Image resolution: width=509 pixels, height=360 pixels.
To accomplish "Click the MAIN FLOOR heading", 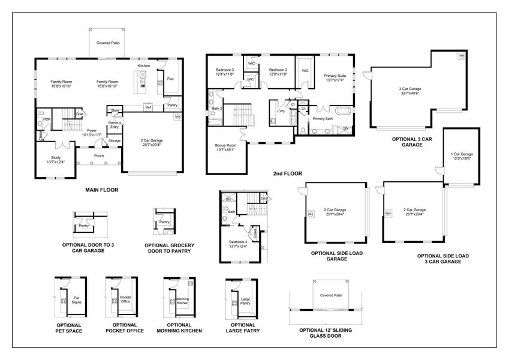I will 101,190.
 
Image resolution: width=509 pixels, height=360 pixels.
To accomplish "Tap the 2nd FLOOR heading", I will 288,173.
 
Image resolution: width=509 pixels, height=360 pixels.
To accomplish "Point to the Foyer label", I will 91,130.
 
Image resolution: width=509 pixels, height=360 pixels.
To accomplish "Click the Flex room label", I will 170,79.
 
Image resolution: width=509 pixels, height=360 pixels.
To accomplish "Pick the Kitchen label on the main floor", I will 143,65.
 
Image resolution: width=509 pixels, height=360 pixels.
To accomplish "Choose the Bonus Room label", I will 226,145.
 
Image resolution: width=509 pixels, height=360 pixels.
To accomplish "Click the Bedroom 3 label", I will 225,70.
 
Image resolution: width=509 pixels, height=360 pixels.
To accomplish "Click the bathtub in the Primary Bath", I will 342,111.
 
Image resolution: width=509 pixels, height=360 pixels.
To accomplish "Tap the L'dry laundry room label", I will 280,111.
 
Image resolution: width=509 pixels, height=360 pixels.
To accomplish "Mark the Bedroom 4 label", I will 238,241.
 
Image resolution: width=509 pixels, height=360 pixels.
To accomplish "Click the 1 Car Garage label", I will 462,154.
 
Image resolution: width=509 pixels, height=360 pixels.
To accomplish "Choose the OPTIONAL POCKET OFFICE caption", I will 125,328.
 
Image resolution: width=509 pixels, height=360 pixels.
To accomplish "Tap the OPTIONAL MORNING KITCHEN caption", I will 179,328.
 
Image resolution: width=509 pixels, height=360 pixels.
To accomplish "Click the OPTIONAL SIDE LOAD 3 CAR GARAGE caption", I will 443,259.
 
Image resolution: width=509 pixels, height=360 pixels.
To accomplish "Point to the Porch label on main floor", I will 99,155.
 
